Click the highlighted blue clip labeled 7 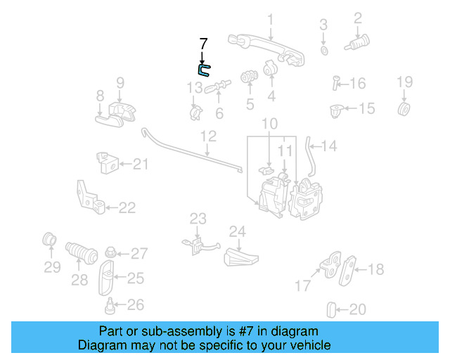click(203, 69)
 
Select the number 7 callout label click(203, 44)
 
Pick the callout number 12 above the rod click(207, 135)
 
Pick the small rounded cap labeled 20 click(333, 309)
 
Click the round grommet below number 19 click(404, 110)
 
